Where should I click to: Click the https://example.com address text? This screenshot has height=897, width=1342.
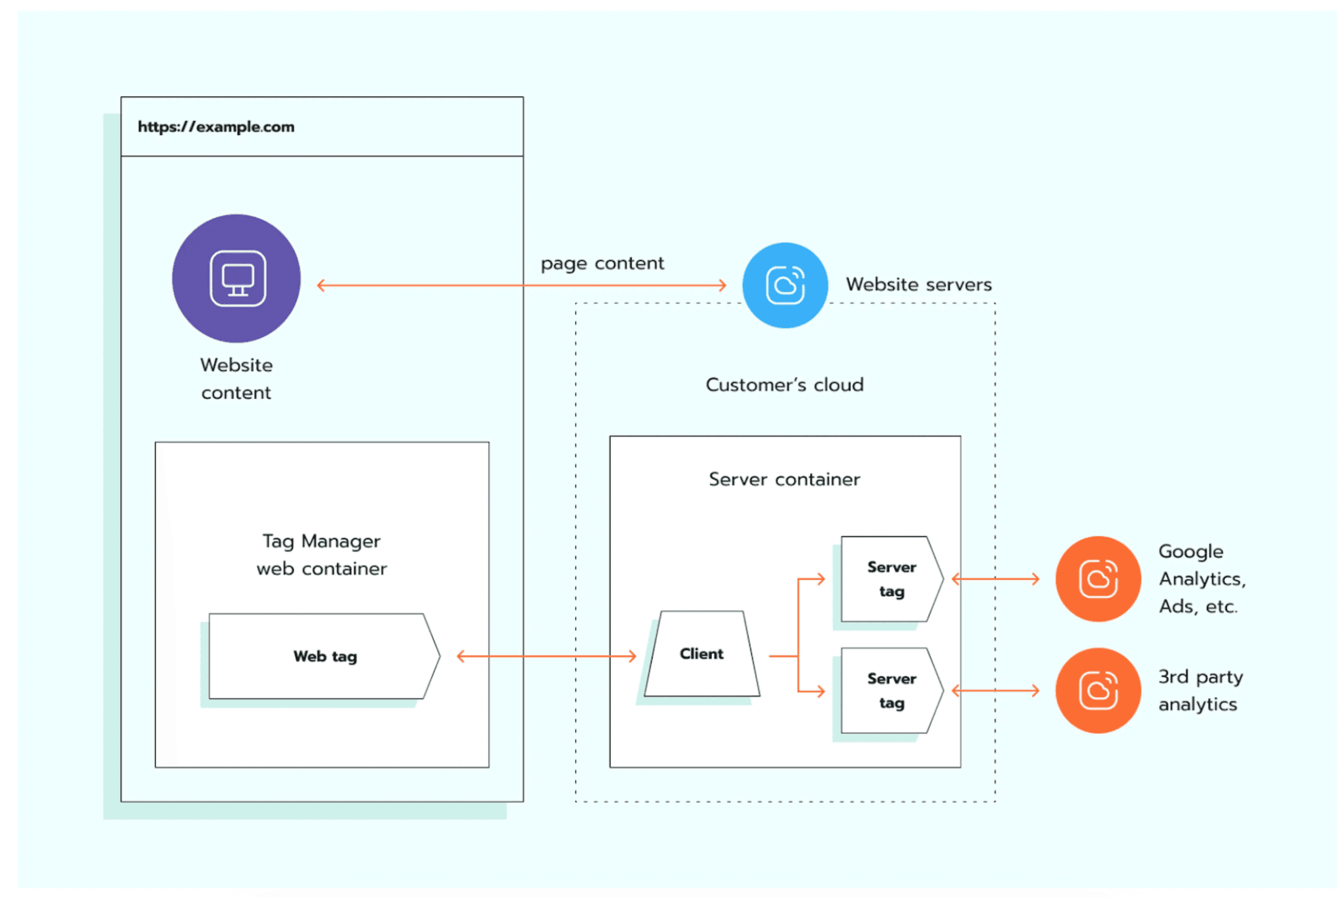216,127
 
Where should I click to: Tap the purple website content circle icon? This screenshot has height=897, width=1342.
236,279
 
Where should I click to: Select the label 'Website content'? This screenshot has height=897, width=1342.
236,379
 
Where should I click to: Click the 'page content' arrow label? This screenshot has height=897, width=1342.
602,263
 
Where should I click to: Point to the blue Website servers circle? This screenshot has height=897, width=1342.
785,285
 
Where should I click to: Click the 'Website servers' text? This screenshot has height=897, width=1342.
918,284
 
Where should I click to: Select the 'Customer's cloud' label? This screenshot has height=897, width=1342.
784,384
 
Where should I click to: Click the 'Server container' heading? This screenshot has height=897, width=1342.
784,479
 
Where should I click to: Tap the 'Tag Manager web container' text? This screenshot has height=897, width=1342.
322,554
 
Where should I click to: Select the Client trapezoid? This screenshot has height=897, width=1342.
701,654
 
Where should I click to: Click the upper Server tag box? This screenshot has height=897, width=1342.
891,579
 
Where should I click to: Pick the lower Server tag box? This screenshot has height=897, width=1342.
891,690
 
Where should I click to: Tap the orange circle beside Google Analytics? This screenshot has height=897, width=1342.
1097,579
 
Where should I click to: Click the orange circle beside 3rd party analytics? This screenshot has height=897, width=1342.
1097,690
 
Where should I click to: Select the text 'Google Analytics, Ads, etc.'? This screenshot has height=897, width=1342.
1201,579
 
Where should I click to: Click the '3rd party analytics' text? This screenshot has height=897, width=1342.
1200,690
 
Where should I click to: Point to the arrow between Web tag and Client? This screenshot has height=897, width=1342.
546,656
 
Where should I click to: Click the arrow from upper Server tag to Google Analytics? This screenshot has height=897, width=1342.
995,579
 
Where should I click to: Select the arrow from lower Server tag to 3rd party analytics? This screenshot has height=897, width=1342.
995,690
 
